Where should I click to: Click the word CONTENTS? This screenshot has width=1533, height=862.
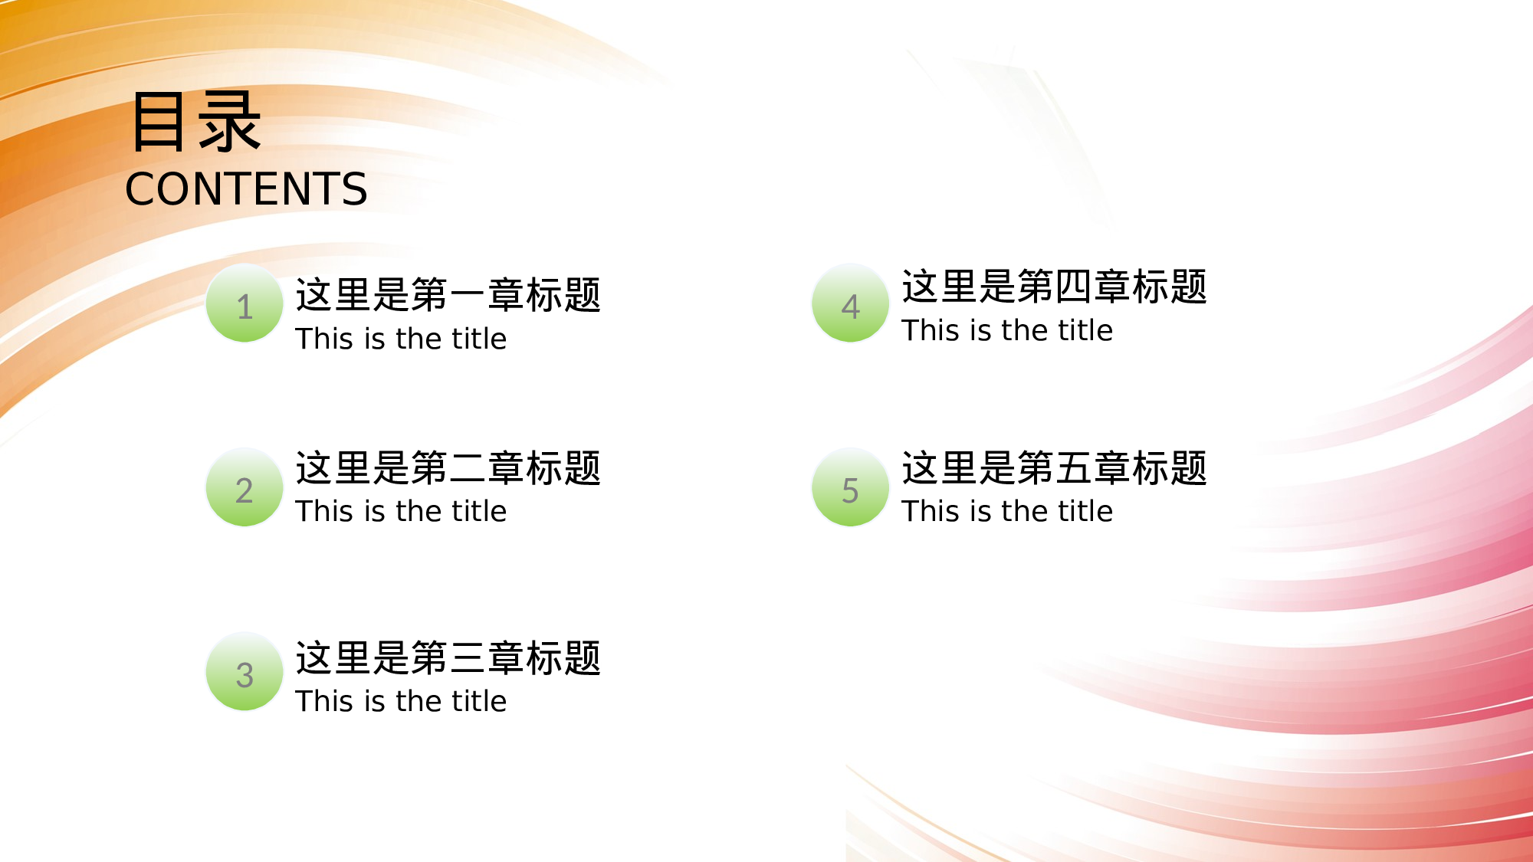point(246,189)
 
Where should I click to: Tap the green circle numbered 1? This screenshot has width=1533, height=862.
point(245,304)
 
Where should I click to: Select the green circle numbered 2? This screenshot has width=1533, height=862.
point(245,488)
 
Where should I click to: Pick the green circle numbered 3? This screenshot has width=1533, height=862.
point(245,673)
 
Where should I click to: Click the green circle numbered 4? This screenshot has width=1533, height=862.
point(850,304)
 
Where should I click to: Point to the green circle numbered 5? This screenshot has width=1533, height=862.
point(850,488)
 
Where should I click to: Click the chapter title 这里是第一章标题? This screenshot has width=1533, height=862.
point(448,295)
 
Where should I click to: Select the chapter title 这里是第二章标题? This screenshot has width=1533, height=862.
point(448,468)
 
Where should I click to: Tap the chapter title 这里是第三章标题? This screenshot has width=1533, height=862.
point(448,658)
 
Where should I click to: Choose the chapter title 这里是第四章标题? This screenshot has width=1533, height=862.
point(1054,287)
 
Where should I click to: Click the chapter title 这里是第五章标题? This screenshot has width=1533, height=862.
point(1054,468)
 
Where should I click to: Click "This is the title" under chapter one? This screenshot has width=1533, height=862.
point(401,339)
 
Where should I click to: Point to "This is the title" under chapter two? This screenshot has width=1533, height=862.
point(401,511)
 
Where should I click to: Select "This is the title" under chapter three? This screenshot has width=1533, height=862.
point(401,701)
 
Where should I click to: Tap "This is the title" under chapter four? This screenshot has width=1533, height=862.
point(1006,330)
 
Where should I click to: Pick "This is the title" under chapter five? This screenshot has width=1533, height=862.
point(1006,511)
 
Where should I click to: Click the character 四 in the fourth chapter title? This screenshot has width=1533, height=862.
point(1074,287)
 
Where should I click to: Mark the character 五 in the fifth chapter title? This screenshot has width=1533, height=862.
point(1074,468)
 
